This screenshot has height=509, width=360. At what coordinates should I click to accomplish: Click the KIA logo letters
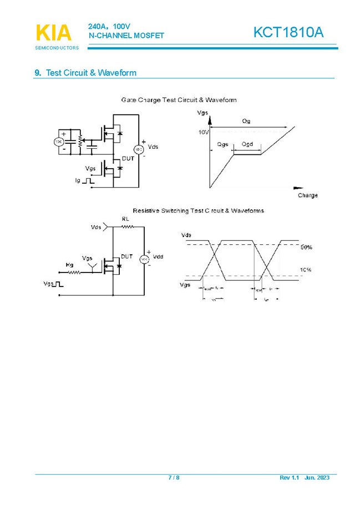click(53, 33)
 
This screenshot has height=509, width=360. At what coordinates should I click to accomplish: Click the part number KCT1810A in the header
click(288, 33)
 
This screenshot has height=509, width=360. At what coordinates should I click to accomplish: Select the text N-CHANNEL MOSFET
click(126, 36)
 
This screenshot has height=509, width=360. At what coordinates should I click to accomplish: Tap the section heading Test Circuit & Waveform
click(91, 73)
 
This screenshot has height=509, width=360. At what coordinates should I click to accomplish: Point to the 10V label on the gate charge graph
click(204, 132)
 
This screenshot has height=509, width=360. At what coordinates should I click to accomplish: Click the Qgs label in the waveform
click(222, 144)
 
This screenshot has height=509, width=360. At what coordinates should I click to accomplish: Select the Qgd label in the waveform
click(247, 144)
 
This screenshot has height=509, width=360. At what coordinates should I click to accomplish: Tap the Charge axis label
click(308, 195)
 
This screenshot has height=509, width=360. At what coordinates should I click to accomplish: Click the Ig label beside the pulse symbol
click(78, 181)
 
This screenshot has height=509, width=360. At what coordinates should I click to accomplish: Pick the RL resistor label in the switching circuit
click(125, 219)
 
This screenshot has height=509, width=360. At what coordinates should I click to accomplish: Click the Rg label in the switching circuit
click(69, 265)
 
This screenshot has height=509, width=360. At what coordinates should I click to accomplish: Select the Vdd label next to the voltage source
click(158, 257)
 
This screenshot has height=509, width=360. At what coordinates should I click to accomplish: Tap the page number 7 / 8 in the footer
click(174, 478)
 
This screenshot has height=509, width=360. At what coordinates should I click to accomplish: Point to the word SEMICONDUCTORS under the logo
click(57, 48)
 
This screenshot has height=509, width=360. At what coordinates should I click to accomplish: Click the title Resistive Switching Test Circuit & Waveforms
click(198, 210)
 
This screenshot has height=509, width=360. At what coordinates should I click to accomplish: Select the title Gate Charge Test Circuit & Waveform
click(179, 100)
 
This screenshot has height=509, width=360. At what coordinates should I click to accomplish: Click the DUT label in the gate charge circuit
click(128, 159)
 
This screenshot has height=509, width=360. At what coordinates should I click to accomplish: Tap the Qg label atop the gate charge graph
click(246, 121)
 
